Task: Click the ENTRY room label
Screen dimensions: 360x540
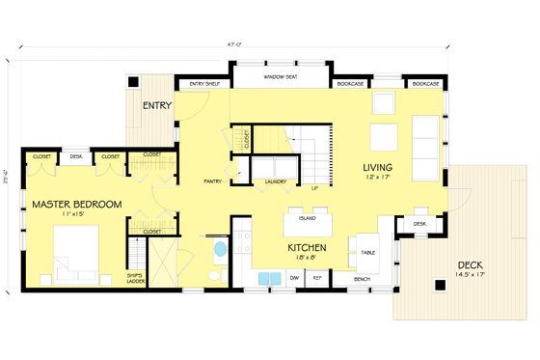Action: (157, 104)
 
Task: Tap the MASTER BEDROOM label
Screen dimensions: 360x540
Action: (76, 205)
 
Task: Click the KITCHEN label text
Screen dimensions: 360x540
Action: (308, 248)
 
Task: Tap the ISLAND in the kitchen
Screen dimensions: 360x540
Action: (307, 219)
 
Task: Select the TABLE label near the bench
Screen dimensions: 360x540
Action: (368, 254)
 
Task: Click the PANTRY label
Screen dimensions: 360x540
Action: (214, 180)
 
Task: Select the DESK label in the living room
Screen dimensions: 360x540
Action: (419, 224)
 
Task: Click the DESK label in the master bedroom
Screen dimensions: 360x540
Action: (76, 155)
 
